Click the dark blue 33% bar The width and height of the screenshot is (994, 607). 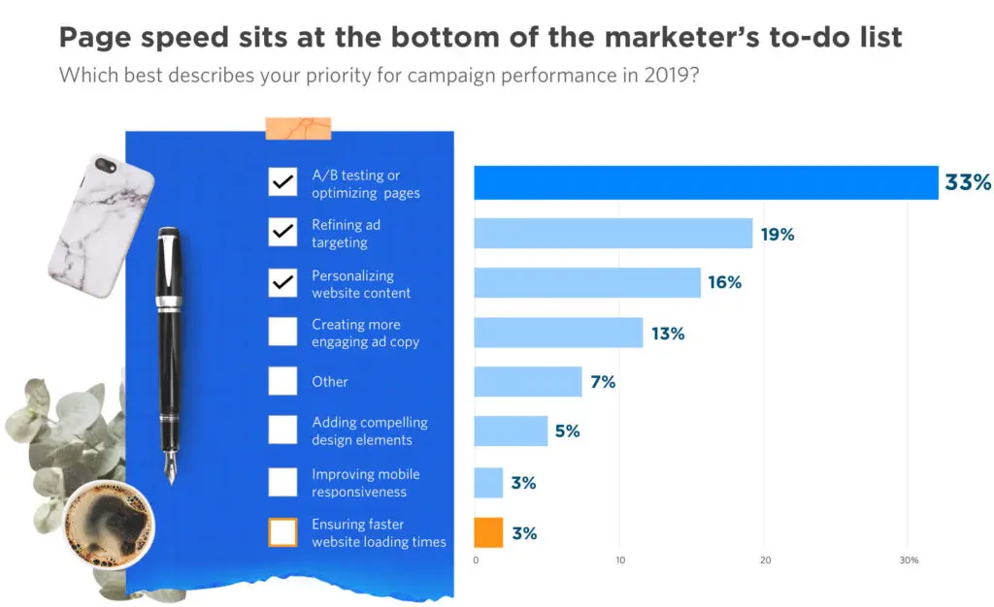point(706,182)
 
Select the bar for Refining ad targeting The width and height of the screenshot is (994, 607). point(613,234)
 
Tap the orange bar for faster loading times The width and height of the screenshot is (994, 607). point(488,532)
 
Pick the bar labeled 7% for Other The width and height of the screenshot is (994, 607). point(527,382)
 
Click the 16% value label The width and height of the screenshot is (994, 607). point(724,283)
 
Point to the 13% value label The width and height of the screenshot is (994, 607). point(668,334)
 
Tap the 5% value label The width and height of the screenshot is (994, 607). point(567,431)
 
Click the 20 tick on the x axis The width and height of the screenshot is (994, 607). point(765,560)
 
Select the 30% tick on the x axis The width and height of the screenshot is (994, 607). point(910,560)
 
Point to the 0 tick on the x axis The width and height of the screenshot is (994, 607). point(476,560)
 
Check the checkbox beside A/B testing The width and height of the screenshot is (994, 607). point(282,182)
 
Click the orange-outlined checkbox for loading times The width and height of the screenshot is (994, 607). point(282,532)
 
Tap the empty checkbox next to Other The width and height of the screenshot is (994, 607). point(282,381)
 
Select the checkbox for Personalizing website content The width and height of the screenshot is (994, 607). point(282,283)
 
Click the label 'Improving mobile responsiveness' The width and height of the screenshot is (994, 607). point(365,483)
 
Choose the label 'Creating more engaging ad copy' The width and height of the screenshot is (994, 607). point(365,334)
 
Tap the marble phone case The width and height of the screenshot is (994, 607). point(101,226)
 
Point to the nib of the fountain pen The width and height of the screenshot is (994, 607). point(170,467)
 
